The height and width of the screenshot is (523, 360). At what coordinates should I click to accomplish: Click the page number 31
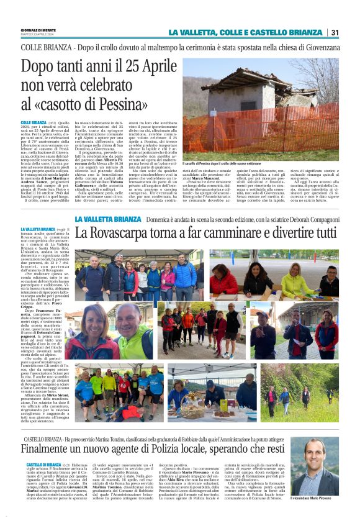(x=334, y=32)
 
